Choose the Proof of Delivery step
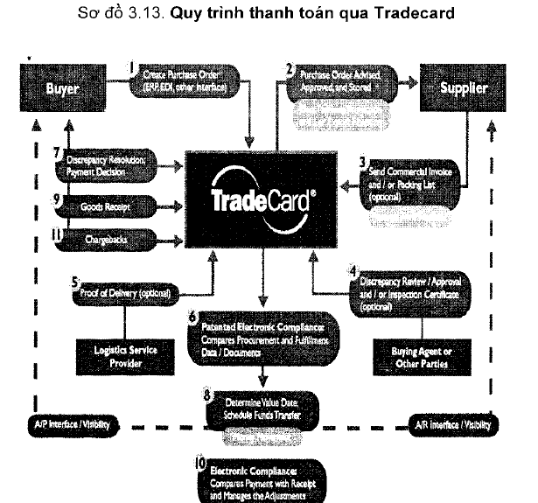coord(129,291)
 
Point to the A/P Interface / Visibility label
coord(62,426)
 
